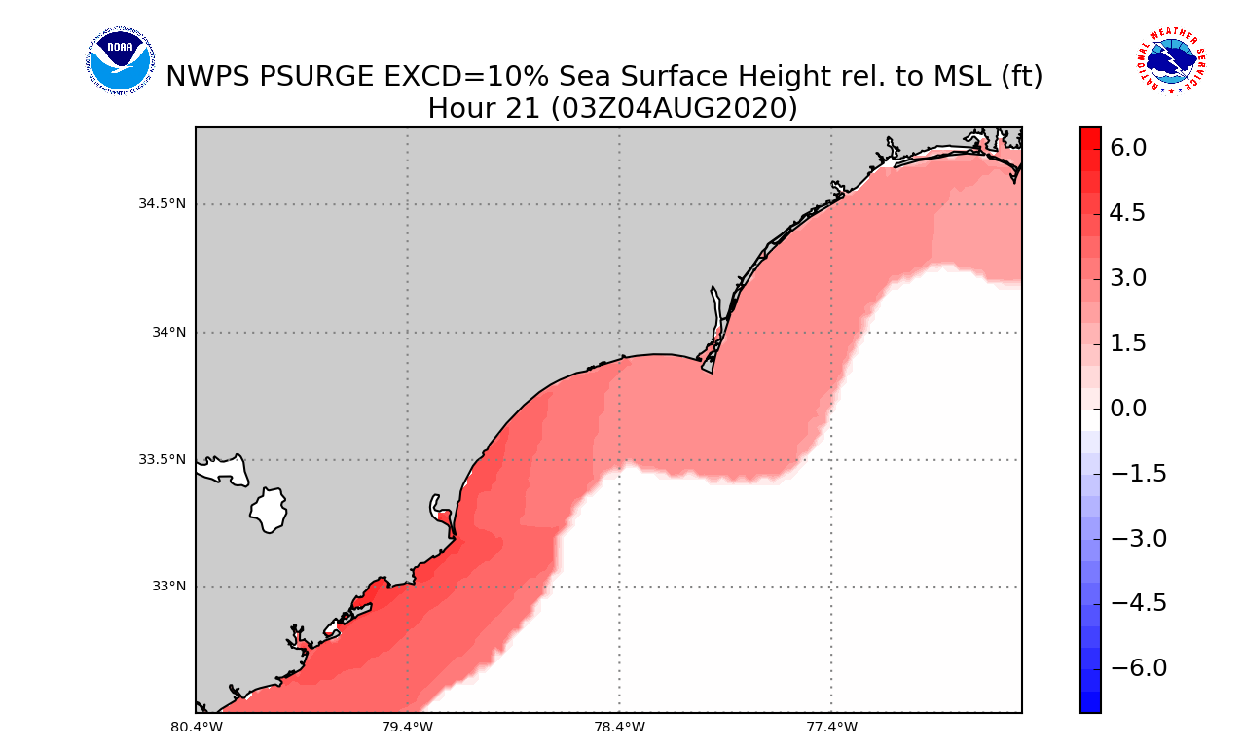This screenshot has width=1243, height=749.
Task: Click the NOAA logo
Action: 120,61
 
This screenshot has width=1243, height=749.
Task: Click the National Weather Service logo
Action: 1171,60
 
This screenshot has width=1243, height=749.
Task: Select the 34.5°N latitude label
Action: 162,204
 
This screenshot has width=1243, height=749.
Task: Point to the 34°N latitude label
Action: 167,332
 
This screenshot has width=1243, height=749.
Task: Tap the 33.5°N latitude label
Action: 162,459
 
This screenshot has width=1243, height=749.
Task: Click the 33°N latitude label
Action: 167,587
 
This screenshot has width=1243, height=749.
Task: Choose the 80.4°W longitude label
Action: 196,726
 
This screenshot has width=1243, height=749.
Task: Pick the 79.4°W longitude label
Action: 407,726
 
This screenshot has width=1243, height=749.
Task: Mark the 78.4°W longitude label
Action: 619,726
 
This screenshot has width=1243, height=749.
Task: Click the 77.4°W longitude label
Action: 831,726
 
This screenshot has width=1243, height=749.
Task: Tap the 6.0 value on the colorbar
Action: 1127,148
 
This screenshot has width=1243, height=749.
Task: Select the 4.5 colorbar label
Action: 1127,213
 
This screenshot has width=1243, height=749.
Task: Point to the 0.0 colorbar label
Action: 1127,409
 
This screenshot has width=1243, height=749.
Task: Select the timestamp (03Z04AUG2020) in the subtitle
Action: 674,109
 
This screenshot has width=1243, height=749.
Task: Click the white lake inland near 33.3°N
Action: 269,510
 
